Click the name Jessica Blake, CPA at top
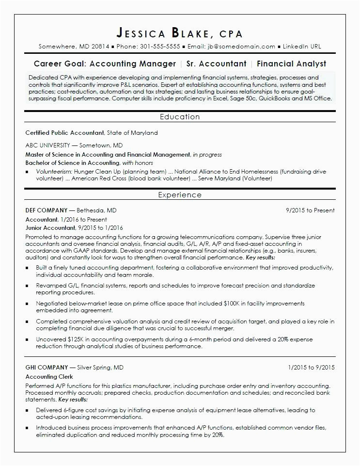[180, 33]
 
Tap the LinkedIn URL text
[301, 47]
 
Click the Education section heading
[180, 117]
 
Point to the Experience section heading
[180, 195]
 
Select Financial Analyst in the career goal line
[292, 64]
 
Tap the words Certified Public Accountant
[64, 132]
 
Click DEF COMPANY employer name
[47, 210]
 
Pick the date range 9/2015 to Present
[310, 210]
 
